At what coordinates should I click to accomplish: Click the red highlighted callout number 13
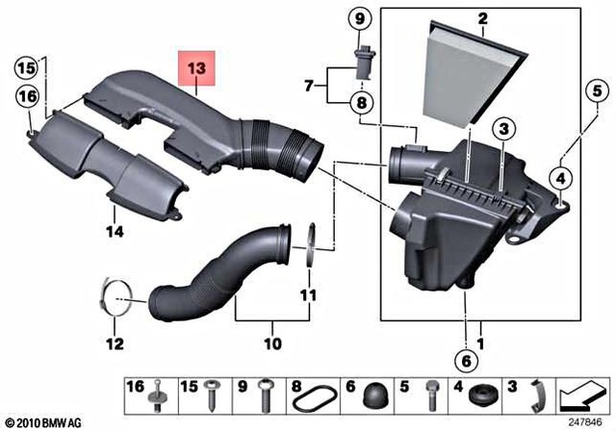[196, 69]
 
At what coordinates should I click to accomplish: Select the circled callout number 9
[360, 18]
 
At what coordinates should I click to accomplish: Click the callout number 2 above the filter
[481, 17]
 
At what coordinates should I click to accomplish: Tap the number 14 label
[115, 231]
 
